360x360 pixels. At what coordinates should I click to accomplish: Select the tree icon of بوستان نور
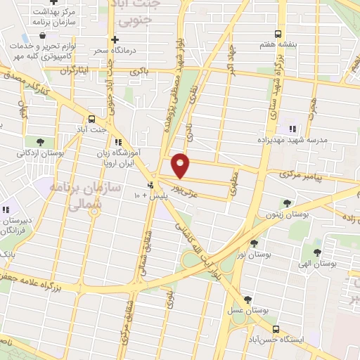coord(254,243)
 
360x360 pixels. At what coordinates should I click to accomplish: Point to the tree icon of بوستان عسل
coord(247,299)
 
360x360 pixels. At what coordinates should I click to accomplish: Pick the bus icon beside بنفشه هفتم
coord(278,33)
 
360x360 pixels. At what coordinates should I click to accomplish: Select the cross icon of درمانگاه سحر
coord(115,39)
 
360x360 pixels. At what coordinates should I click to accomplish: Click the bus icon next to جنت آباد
coord(91,118)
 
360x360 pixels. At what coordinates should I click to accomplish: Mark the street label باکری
coord(146,73)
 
